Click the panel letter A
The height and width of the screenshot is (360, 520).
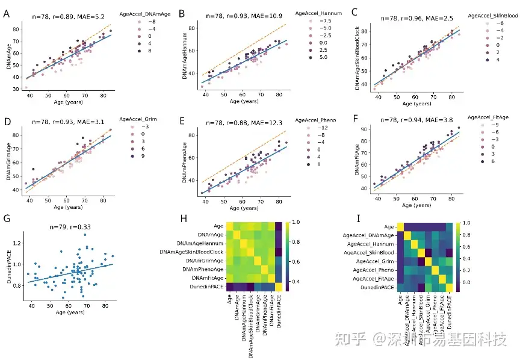coord(6,11)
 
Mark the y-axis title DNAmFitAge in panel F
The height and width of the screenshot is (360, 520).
coord(357,158)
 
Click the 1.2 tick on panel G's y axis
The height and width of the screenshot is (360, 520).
coord(16,243)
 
